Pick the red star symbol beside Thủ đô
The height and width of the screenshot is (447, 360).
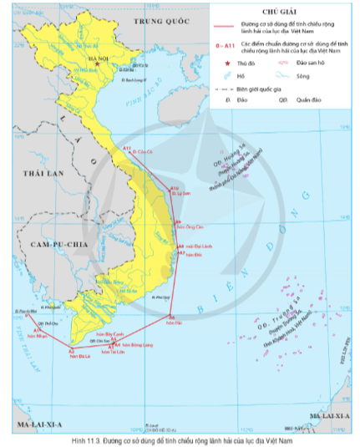[x=223, y=61]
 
